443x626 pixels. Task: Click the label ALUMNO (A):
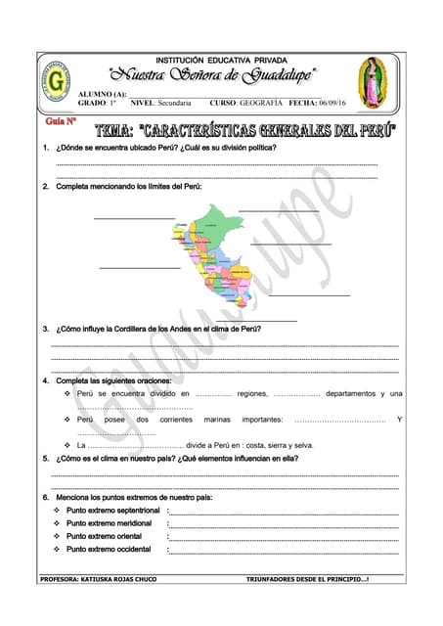[x=101, y=94]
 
